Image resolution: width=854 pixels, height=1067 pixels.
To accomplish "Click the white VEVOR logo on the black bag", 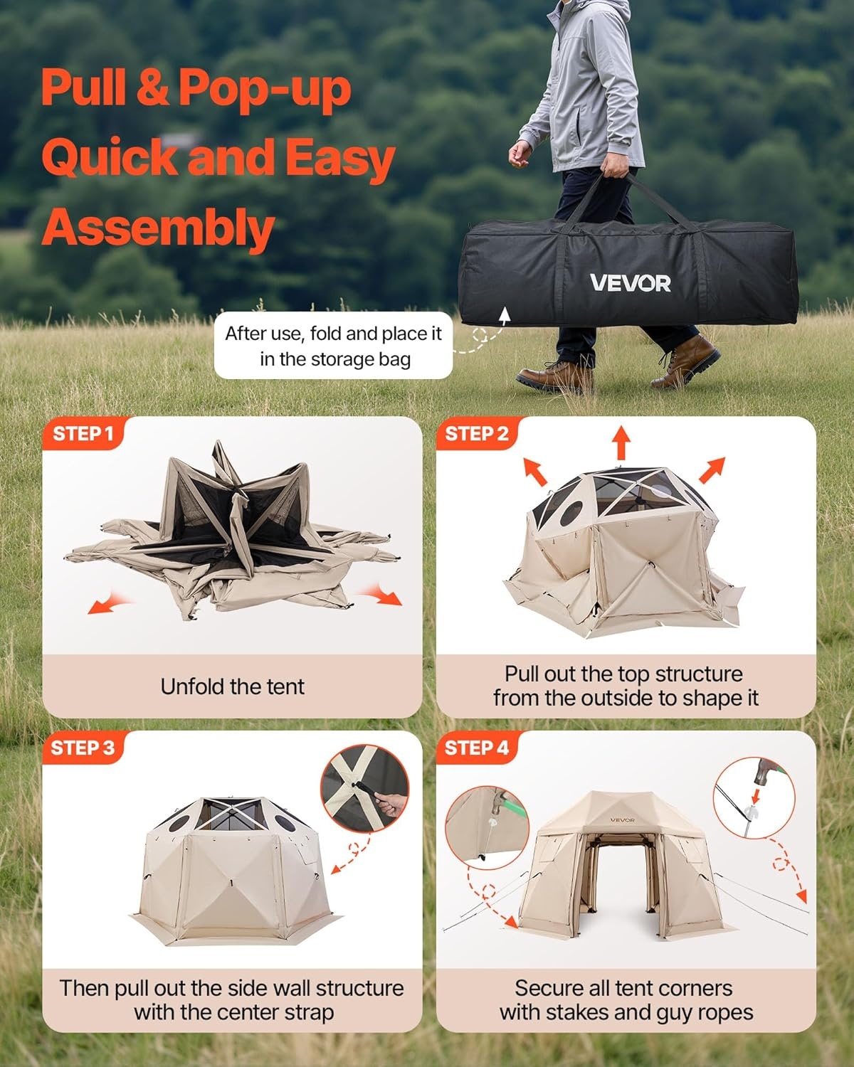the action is tap(631, 282).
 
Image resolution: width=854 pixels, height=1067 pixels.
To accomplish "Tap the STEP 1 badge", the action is tap(83, 434).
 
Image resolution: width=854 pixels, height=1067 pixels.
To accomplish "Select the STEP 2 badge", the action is tap(476, 434).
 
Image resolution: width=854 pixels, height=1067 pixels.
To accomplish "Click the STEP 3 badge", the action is tap(83, 748).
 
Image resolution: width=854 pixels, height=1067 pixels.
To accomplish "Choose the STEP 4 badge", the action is tap(476, 748).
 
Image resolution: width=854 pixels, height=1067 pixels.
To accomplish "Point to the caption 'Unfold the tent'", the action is tap(232, 686).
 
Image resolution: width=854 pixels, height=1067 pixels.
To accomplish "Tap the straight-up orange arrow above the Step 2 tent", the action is tap(621, 442).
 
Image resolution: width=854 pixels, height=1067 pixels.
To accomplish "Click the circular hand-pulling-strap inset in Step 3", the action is tap(365, 788).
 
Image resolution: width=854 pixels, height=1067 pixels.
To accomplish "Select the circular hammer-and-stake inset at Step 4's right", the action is tap(754, 798).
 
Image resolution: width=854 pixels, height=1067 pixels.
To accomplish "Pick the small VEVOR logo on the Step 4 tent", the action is tap(622, 820).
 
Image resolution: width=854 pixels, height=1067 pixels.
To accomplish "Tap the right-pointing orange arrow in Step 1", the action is tap(381, 594).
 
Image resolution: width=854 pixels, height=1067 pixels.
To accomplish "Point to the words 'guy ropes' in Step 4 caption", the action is tap(705, 1012).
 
